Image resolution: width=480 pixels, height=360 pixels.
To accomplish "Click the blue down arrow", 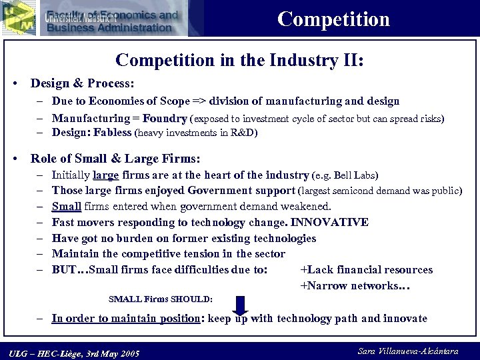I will [241, 304].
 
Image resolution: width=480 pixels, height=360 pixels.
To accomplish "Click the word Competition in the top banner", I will [333, 19].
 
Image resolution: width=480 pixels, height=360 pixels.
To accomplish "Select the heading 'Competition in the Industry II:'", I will [239, 60].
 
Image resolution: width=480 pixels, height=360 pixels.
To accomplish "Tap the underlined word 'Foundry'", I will [165, 119].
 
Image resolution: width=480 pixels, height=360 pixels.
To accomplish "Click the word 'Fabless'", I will [113, 132].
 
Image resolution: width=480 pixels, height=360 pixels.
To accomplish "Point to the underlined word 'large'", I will [106, 175].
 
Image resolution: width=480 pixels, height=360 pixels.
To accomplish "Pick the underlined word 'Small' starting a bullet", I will [66, 207].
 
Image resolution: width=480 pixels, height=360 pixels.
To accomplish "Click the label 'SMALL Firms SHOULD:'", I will [160, 299].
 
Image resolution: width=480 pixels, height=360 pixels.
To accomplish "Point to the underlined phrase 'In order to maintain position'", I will [126, 318].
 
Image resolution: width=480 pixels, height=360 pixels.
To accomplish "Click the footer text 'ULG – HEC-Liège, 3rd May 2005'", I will [74, 353].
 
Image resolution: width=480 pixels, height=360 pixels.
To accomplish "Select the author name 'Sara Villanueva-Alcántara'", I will [408, 351].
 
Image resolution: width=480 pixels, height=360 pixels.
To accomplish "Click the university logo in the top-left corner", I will [18, 18].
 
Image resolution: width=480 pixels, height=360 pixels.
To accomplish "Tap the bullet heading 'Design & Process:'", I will [83, 85].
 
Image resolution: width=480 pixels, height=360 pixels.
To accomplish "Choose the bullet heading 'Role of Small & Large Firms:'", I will [115, 159].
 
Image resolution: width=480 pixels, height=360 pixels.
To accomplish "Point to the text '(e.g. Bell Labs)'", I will [345, 175].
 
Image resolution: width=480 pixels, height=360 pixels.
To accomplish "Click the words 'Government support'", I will [223, 191].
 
